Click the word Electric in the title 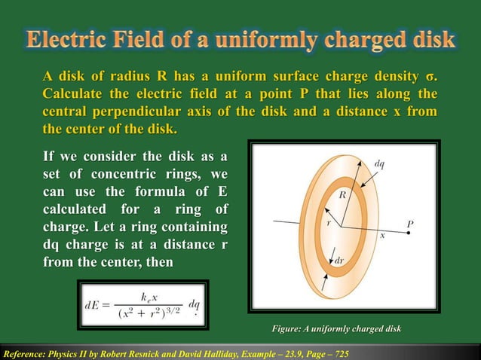(x=69, y=39)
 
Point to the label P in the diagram (x=410, y=224)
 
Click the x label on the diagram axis (x=382, y=235)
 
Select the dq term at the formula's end (x=194, y=306)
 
